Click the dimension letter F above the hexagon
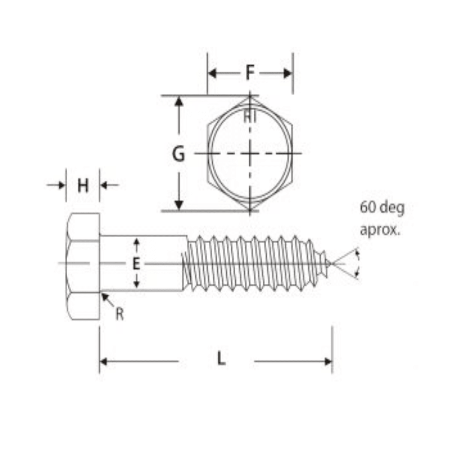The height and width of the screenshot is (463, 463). pos(250,73)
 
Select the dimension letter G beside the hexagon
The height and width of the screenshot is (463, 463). pos(178,154)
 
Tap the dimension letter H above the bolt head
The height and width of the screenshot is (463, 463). pos(83,186)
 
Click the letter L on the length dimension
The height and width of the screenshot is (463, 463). pos(221,359)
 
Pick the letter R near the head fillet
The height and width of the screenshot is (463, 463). pos(120,314)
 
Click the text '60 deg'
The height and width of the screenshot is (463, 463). pos(382,208)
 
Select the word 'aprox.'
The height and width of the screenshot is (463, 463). pos(380,230)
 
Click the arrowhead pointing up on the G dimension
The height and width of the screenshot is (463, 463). pos(179,101)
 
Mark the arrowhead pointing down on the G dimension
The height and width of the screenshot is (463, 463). pos(179,205)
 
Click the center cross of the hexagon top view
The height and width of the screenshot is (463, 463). pos(250,153)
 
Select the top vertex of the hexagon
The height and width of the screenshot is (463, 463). pos(250,96)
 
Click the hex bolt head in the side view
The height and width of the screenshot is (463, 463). pos(83,266)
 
